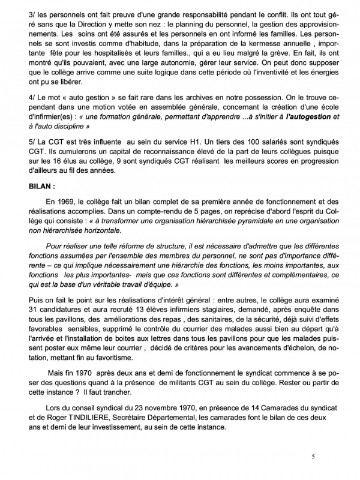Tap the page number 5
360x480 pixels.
pyautogui.click(x=313, y=457)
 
